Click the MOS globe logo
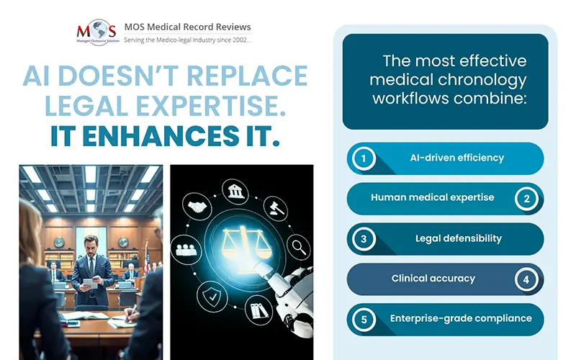pos(98,32)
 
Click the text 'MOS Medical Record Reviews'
pos(187,27)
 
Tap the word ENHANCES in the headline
pos(161,135)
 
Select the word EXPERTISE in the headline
pos(211,106)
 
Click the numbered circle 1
pos(364,158)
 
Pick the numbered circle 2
pos(526,199)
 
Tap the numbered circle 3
pos(364,239)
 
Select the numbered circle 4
pos(526,279)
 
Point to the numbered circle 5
pos(364,320)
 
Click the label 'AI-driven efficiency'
pos(457,158)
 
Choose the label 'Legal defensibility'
pos(459,238)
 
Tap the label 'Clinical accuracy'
pos(433,279)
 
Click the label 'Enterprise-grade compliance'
pos(461,318)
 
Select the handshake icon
pos(197,207)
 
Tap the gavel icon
pos(276,209)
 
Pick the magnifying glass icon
pos(298,247)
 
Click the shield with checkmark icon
pos(212,296)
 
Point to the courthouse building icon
pos(235,192)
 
